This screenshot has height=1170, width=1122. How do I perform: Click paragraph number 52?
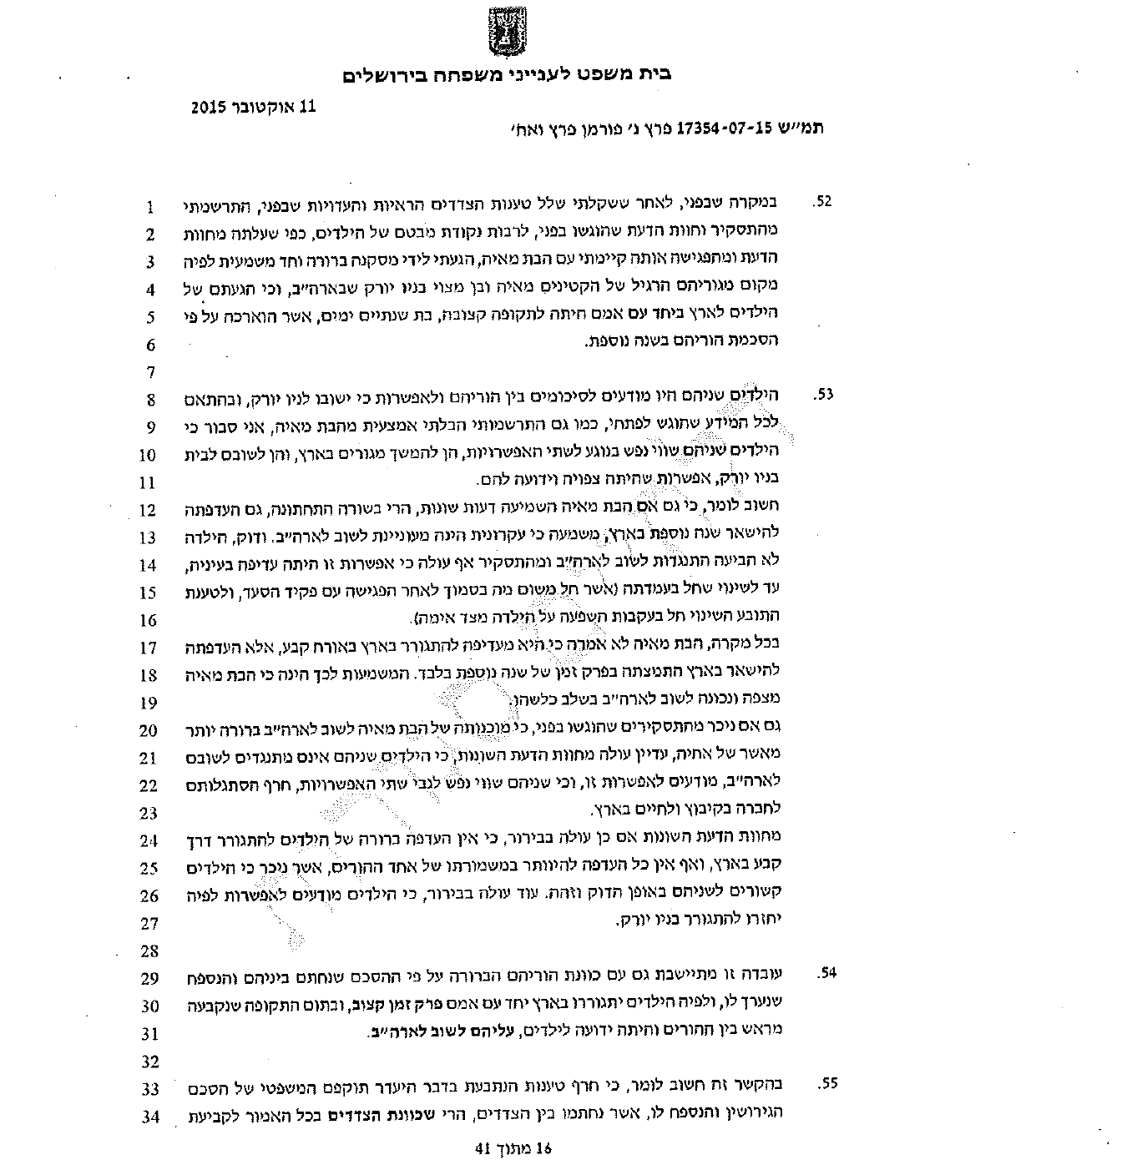pos(822,203)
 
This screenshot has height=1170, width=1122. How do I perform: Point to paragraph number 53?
pos(822,395)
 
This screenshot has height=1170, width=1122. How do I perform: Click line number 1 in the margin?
pos(151,206)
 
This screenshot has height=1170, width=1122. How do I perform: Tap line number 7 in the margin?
pos(151,371)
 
